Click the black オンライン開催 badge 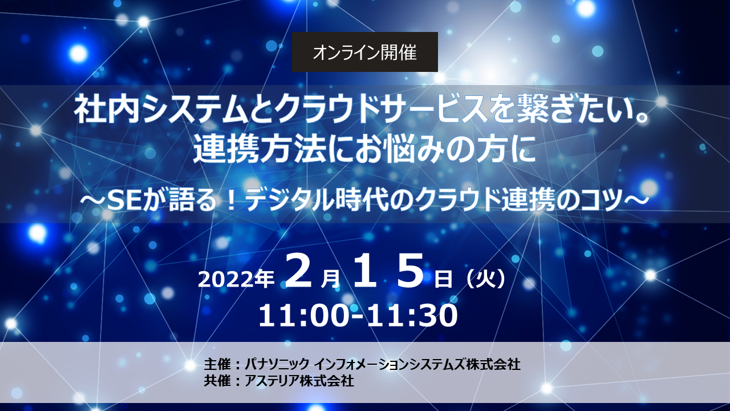[x=364, y=52]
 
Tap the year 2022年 [x=236, y=280]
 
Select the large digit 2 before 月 [x=298, y=271]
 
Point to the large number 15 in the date [x=388, y=271]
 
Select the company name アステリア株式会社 [x=299, y=381]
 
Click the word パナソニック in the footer [x=277, y=364]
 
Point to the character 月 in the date [x=331, y=280]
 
